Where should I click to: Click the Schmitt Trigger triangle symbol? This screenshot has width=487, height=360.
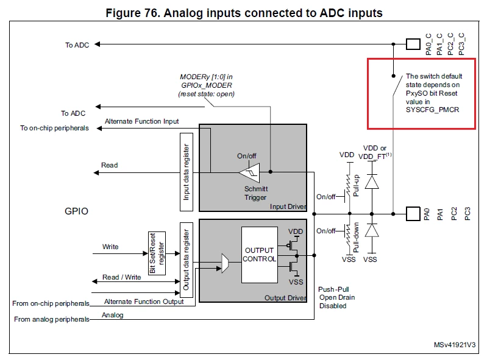point(249,172)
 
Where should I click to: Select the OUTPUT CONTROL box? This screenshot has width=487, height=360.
point(259,255)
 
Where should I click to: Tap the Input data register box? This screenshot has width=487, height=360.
point(187,172)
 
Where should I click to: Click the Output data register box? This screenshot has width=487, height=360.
point(187,260)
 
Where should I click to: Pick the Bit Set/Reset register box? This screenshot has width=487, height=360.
point(157,253)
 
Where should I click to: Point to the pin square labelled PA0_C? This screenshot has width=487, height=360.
point(413,44)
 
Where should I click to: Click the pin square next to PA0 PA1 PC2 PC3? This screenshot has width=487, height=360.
point(413,214)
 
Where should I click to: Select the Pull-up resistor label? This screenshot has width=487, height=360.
point(356,185)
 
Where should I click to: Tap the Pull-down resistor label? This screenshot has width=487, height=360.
point(356,237)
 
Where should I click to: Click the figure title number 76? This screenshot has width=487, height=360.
point(151,13)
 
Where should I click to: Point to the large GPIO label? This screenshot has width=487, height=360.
point(76,211)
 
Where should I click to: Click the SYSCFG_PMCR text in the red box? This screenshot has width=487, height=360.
point(432,110)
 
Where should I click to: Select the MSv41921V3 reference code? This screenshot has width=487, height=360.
point(454,345)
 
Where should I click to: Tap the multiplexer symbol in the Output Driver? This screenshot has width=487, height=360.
point(225,263)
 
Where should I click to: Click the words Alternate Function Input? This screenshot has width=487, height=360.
point(141,121)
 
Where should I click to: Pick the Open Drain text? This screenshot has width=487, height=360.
point(337,298)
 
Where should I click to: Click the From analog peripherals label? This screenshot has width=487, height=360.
point(52,319)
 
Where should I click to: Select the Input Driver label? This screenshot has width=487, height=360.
point(288,206)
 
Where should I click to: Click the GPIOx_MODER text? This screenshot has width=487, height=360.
point(207,85)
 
